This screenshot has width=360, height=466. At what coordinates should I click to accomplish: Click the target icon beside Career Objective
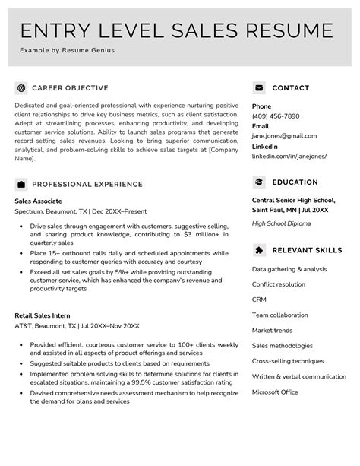point(21,87)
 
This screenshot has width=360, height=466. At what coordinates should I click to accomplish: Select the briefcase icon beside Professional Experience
point(21,184)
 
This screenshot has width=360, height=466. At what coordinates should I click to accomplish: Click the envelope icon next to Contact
point(259,87)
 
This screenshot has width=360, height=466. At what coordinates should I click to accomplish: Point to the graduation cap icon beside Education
point(259,182)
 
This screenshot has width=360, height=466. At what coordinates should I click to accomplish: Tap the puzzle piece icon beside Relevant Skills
point(259,249)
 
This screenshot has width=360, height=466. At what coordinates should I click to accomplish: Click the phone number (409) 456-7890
point(276,116)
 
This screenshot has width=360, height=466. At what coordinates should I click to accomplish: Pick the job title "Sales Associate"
point(39,201)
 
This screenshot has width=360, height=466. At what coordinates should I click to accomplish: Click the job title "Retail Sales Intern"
point(43,315)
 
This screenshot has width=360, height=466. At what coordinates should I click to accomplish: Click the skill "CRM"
point(259,300)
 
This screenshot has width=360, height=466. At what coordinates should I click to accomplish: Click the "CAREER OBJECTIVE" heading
point(70,88)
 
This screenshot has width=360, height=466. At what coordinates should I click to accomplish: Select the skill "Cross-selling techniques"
point(288,361)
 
